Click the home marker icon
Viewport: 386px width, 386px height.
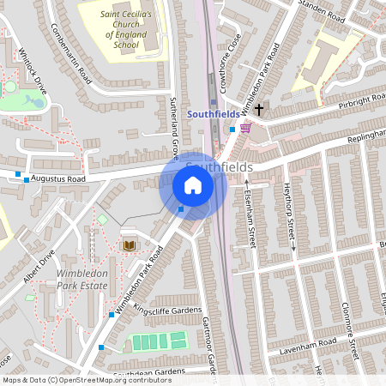coord(193,185)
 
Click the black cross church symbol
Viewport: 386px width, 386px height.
coord(258,110)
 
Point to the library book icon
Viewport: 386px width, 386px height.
coord(129,246)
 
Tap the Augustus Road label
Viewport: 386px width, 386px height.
coord(58,179)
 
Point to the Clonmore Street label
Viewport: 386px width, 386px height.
coord(347,330)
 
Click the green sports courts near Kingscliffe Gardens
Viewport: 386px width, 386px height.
coord(158,341)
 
